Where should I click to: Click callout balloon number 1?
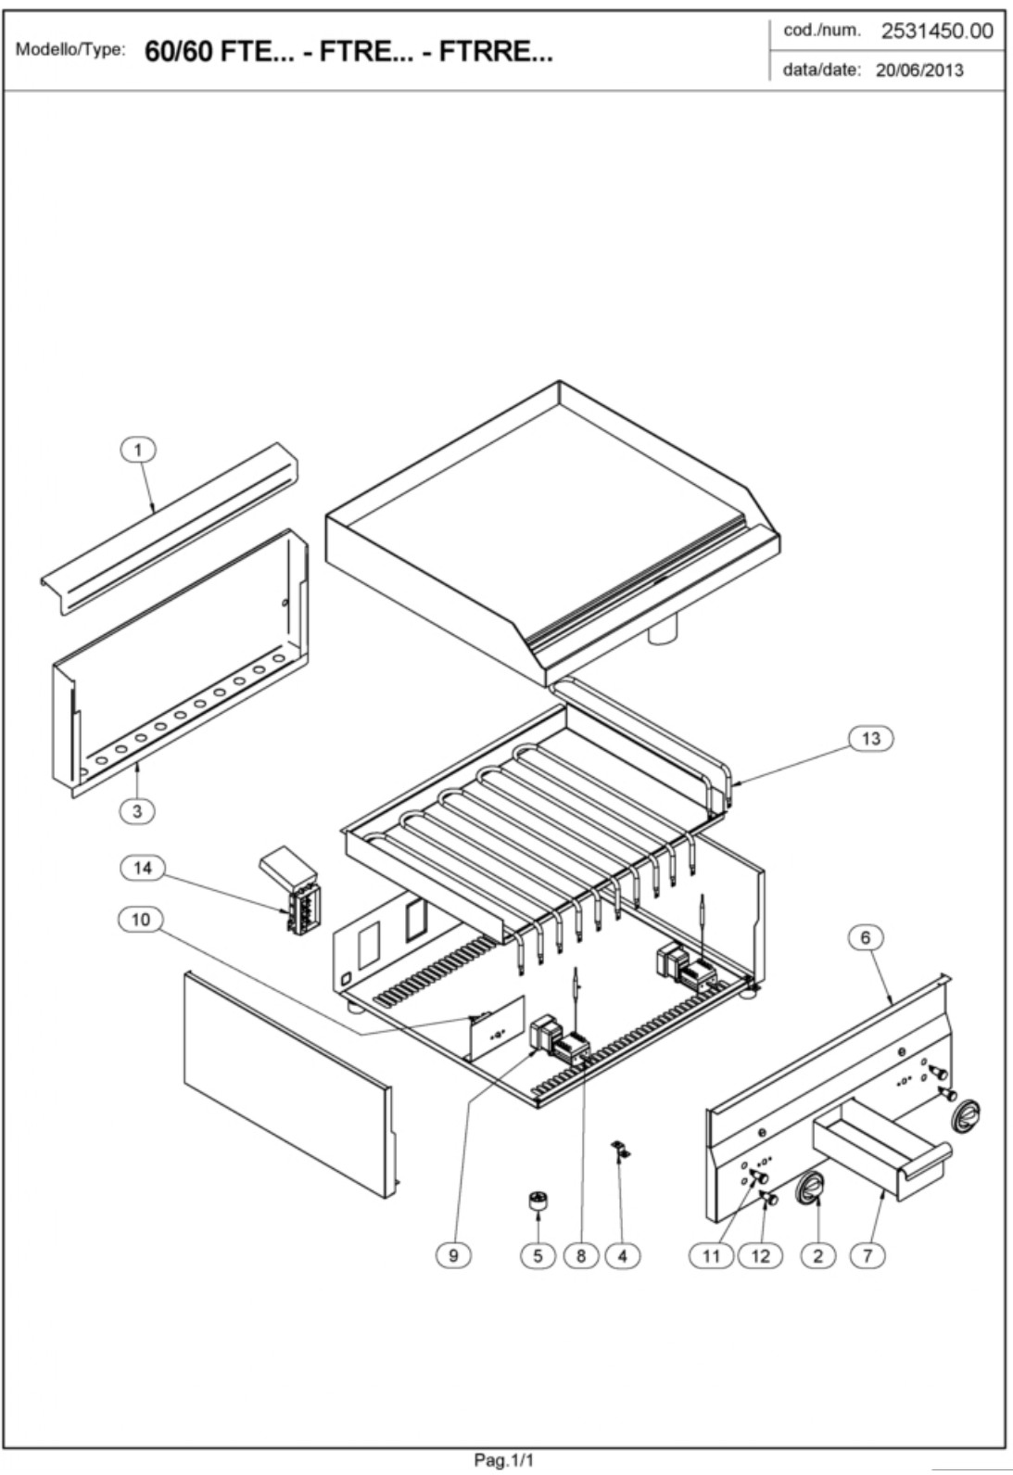tap(138, 451)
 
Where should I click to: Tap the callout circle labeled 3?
tap(137, 811)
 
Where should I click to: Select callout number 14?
tap(142, 868)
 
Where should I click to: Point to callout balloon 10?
tap(140, 920)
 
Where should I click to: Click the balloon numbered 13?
tap(870, 739)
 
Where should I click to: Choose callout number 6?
tap(866, 937)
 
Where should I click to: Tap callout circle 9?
tap(453, 1255)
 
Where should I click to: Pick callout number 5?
tap(538, 1255)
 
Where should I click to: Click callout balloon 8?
tap(581, 1255)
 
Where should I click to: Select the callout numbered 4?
tap(622, 1255)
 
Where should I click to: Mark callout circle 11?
tap(711, 1255)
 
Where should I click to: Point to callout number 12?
tap(760, 1255)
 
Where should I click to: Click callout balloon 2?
tap(817, 1255)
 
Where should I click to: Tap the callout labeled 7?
tap(867, 1255)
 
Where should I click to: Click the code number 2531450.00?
tap(936, 32)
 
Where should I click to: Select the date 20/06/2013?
tap(919, 70)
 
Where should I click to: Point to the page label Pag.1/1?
tap(504, 1460)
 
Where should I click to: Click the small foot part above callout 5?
tap(537, 1201)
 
